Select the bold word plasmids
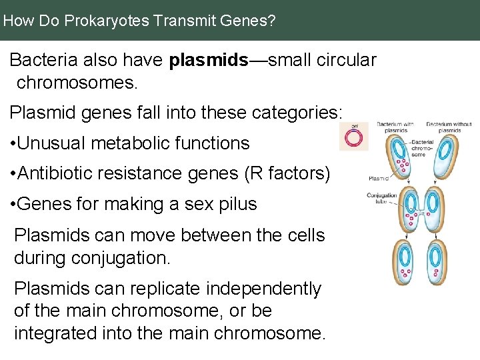point(208,61)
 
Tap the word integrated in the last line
point(58,333)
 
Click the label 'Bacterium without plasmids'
point(449,127)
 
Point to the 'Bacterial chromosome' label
point(422,148)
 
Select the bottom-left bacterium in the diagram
point(403,263)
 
